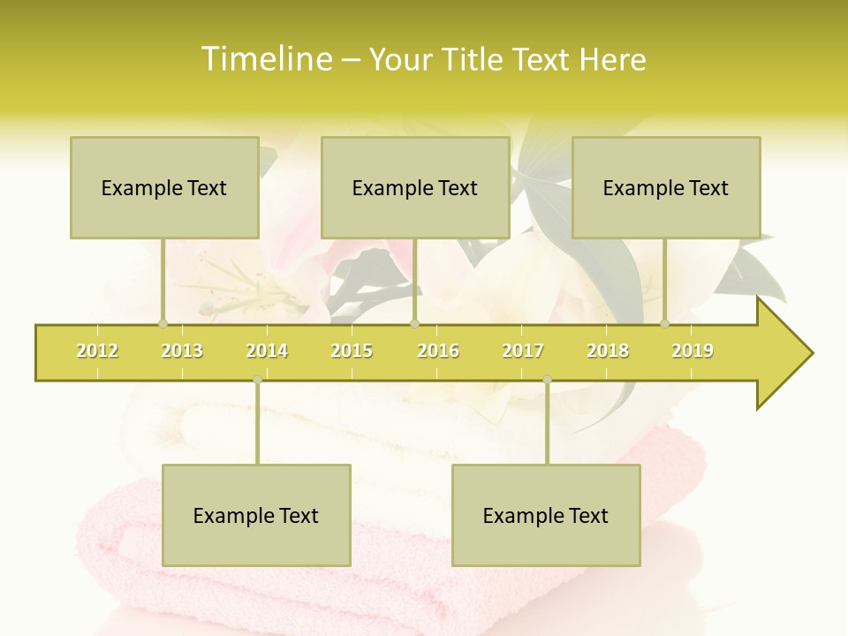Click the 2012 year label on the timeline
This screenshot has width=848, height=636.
tap(97, 351)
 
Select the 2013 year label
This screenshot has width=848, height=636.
tap(182, 351)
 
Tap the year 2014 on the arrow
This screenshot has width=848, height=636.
tap(267, 351)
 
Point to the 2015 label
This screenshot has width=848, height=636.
tap(352, 351)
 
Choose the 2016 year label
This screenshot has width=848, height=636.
tap(438, 351)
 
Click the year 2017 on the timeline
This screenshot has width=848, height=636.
tap(523, 351)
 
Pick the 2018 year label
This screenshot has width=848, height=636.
tap(608, 351)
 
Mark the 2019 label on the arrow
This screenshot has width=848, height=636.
tap(693, 351)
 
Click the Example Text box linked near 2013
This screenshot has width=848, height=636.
tap(164, 187)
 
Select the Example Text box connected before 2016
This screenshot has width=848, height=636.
tap(415, 187)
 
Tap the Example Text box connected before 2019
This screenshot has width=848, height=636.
tap(666, 187)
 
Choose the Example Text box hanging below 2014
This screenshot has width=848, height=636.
tap(256, 515)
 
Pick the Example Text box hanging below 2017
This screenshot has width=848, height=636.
tap(546, 515)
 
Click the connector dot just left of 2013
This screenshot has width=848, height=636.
tap(163, 323)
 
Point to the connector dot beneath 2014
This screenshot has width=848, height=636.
tap(257, 380)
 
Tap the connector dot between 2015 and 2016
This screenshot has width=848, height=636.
tap(415, 323)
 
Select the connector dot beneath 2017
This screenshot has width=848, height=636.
tap(547, 380)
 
